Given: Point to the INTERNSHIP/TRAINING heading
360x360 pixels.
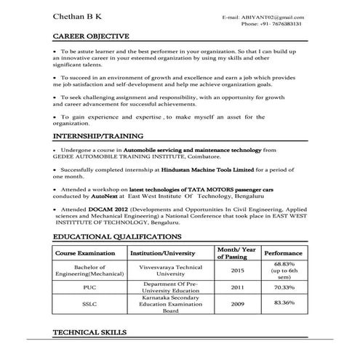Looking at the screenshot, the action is pos(98,136).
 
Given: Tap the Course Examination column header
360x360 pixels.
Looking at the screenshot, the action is pos(86,253).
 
